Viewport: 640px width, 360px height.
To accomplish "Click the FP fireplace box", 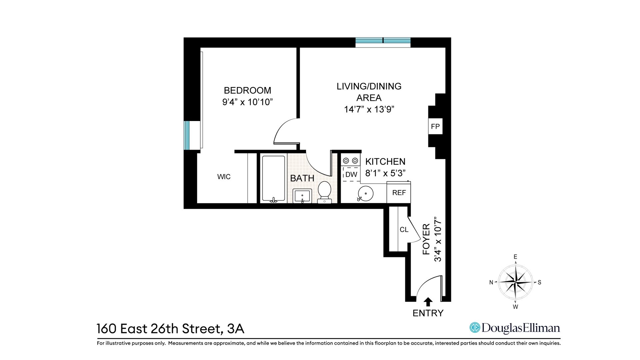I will pos(435,126).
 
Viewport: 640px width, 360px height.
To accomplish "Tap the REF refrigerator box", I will pos(399,193).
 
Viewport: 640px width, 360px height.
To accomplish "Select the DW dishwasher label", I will pos(351,174).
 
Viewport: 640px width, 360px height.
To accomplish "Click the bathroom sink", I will pos(302,196).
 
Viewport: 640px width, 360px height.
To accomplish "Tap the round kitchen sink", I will pos(365,193).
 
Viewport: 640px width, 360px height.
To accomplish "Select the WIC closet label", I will pos(224,177).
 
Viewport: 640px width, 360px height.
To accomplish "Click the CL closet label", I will pos(404,230).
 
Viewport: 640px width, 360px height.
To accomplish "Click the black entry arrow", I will pos(428,302).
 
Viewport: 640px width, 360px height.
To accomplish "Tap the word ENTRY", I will pos(428,313).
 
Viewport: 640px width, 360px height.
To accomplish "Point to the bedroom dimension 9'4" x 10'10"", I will pos(247,102).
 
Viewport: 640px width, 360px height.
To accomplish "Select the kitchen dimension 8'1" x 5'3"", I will pos(385,173).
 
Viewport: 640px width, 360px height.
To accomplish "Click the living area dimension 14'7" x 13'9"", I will pos(369,109).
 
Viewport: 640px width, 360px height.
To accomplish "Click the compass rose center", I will pos(515,282).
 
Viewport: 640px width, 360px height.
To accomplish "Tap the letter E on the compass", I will pos(515,257).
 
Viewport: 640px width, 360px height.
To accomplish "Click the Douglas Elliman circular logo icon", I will pos(474,328).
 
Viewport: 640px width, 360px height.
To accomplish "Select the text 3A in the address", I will pos(236,329).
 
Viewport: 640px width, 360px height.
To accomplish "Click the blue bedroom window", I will pos(187,135).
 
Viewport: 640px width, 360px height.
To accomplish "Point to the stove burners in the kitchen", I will pos(350,160).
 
